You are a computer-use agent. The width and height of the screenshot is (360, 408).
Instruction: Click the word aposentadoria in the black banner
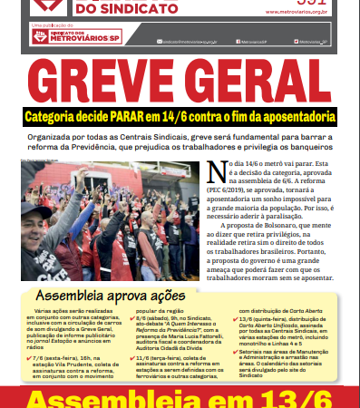tap(297, 117)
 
